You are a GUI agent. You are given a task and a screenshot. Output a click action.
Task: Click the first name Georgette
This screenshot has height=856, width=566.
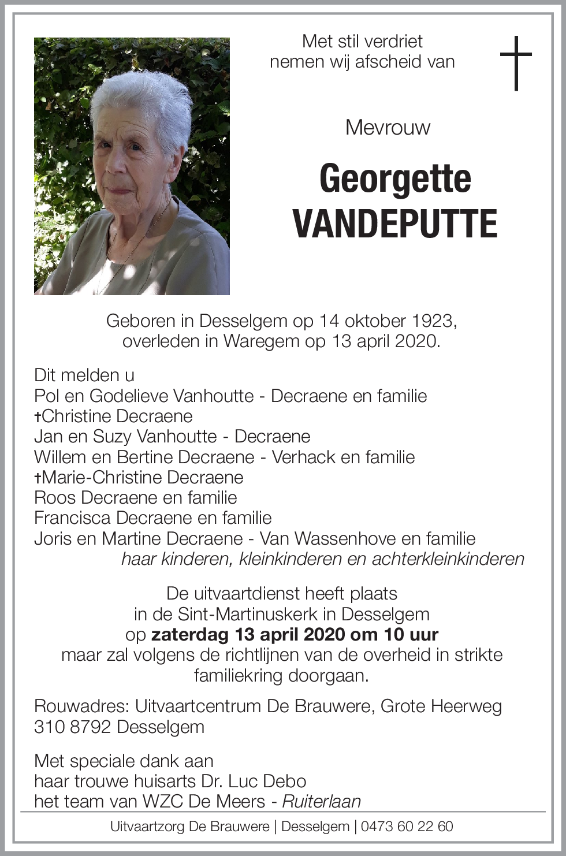395,179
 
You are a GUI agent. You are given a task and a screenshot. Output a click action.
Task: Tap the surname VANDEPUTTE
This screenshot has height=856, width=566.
395,224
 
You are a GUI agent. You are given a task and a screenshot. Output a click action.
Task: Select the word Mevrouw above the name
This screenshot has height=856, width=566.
388,127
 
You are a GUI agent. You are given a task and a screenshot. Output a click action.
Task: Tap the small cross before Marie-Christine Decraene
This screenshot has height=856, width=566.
38,478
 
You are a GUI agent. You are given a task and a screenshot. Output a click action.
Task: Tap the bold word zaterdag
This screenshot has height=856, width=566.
190,634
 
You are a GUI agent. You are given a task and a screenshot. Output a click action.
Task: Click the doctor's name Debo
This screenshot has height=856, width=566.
284,781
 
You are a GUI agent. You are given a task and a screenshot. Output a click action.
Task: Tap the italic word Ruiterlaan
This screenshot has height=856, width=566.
322,802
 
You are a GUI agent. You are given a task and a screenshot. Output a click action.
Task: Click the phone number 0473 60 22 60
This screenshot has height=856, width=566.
407,827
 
